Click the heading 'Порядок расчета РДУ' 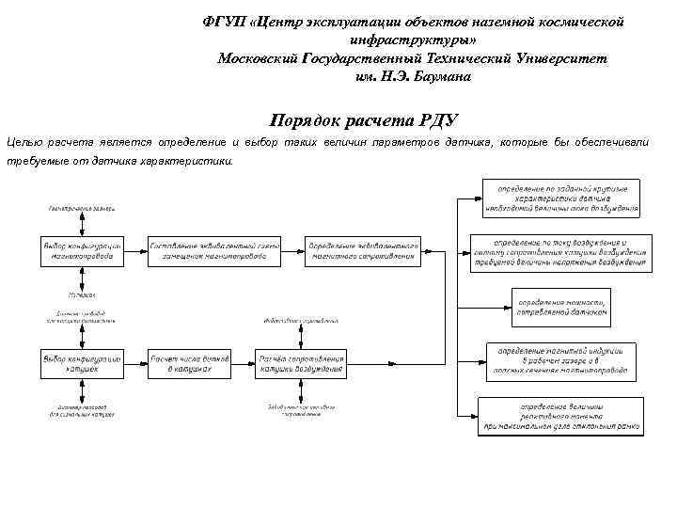click(x=363, y=119)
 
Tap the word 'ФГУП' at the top click(x=224, y=21)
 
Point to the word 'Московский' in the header click(x=258, y=58)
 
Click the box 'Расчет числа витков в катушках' click(x=189, y=364)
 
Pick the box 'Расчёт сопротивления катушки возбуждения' click(x=301, y=364)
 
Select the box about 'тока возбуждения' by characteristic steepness click(x=562, y=198)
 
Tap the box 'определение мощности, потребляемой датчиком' click(x=562, y=306)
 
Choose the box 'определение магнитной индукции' click(x=562, y=360)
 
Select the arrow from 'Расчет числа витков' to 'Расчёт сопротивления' click(x=244, y=364)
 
